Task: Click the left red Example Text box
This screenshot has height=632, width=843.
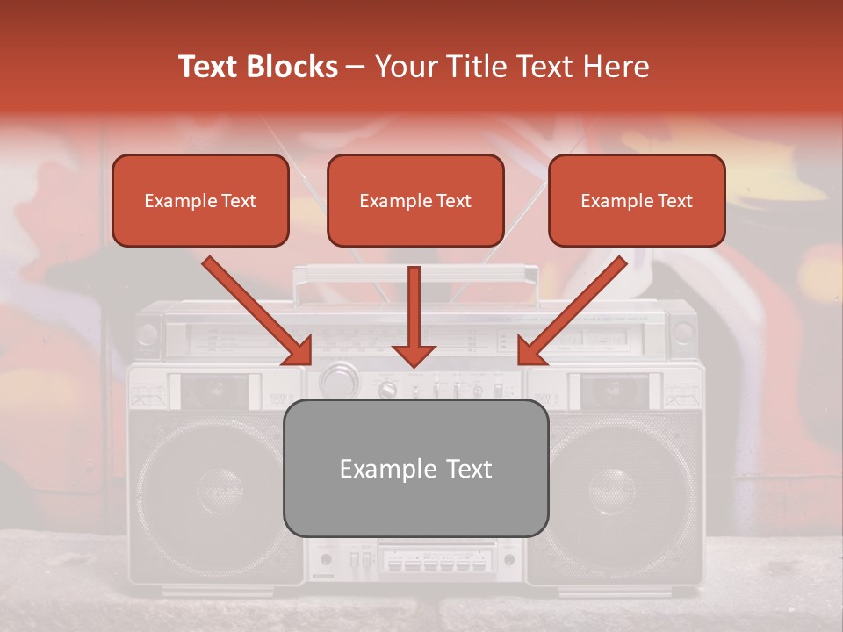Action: coord(200,201)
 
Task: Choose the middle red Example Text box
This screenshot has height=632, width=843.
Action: coord(415,201)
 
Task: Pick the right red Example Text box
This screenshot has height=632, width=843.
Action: coord(637,201)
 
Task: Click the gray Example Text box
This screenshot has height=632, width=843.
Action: coord(415,469)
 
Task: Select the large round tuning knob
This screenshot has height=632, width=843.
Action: coord(336,382)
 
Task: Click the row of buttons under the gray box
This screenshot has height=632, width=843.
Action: coord(436,559)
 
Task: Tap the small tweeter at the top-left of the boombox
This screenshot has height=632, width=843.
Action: coord(148,334)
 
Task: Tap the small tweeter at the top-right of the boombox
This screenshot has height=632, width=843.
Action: coord(682,334)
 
